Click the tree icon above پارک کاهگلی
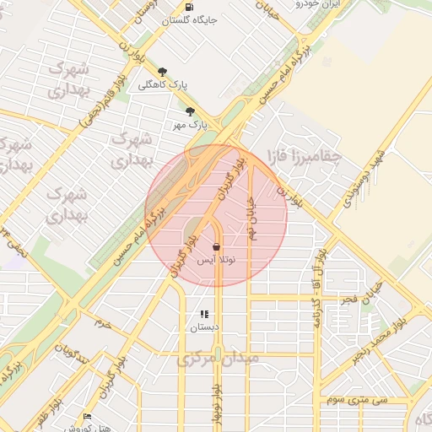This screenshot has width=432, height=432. (x=162, y=72)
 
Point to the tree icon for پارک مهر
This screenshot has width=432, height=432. (x=190, y=111)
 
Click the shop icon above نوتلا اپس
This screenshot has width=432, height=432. (x=217, y=248)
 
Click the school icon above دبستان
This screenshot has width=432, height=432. (x=203, y=314)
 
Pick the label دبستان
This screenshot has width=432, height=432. (x=203, y=327)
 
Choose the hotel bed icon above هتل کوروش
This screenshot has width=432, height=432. (x=88, y=417)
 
